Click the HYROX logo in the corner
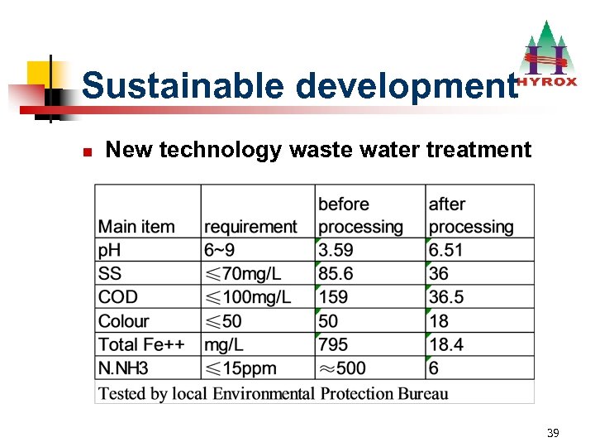tap(547, 58)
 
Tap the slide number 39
tap(553, 434)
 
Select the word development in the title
tap(405, 85)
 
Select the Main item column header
tap(136, 226)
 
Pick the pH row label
tap(109, 250)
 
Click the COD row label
tap(118, 297)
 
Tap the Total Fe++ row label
tap(141, 344)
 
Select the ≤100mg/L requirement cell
tap(248, 297)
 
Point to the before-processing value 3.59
tap(336, 250)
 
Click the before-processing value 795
tap(333, 344)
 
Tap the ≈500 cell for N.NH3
tap(342, 368)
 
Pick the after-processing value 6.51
tap(446, 250)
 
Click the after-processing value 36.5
tap(446, 297)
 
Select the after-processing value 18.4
tap(446, 344)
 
